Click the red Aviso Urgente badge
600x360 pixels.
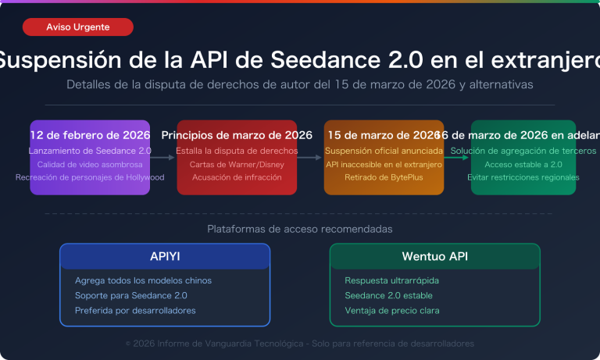pos(78,27)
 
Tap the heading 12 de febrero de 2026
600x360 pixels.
pos(90,135)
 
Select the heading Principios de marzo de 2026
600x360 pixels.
pos(237,135)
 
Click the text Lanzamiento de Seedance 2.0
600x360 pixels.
pos(90,151)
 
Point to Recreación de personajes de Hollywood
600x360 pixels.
pos(90,177)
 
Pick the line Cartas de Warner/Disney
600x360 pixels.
pos(237,164)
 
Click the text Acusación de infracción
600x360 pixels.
pos(237,177)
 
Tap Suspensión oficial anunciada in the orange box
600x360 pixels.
pos(384,151)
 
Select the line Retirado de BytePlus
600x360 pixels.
pos(384,177)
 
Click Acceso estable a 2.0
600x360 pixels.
pos(523,164)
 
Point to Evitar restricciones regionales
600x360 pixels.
pos(523,177)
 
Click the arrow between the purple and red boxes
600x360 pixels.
pos(162,158)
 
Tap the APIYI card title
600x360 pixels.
pos(165,256)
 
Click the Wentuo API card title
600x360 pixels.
pos(434,256)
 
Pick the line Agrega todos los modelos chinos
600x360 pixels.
pos(143,280)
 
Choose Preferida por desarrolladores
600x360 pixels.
pos(135,310)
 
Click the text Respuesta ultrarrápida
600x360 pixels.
pos(391,280)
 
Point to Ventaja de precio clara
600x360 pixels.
pos(391,310)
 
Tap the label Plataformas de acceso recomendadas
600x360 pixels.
pos(300,229)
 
